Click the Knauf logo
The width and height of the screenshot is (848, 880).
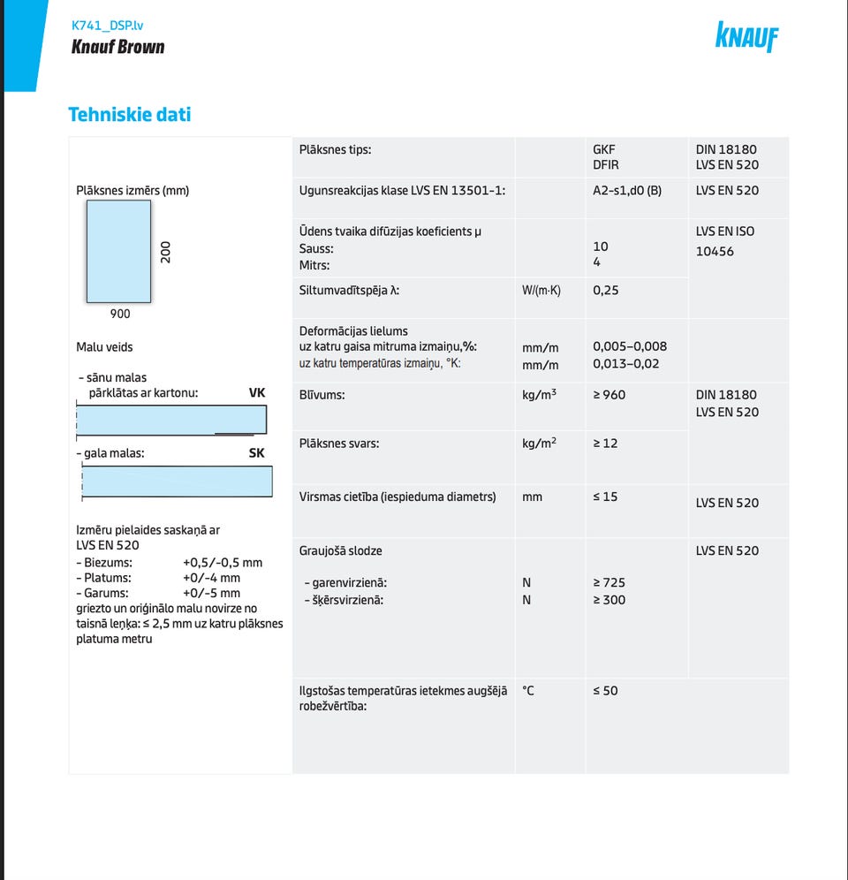click(x=747, y=37)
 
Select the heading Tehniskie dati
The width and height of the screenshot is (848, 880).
click(x=130, y=114)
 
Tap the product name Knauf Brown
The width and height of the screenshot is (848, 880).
click(x=117, y=47)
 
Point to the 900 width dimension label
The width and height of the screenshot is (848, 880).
click(x=120, y=314)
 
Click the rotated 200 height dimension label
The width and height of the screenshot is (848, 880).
click(x=165, y=251)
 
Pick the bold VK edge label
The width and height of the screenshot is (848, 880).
click(x=257, y=391)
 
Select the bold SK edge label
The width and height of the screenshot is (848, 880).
click(x=256, y=452)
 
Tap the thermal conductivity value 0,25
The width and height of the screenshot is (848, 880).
click(x=606, y=290)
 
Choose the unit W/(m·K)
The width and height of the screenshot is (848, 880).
click(x=541, y=290)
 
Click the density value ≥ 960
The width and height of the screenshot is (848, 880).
click(x=609, y=395)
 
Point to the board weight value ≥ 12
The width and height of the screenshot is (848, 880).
click(x=605, y=443)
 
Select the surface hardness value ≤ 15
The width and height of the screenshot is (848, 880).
click(x=605, y=497)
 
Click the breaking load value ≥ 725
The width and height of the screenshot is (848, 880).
click(x=609, y=582)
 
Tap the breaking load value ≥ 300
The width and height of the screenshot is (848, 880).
click(x=609, y=600)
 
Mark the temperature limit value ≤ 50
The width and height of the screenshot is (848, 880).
click(x=605, y=690)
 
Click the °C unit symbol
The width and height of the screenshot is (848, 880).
click(x=528, y=690)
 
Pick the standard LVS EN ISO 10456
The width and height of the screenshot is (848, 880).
click(x=725, y=241)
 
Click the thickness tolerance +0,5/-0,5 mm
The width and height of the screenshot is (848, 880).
click(x=223, y=562)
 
